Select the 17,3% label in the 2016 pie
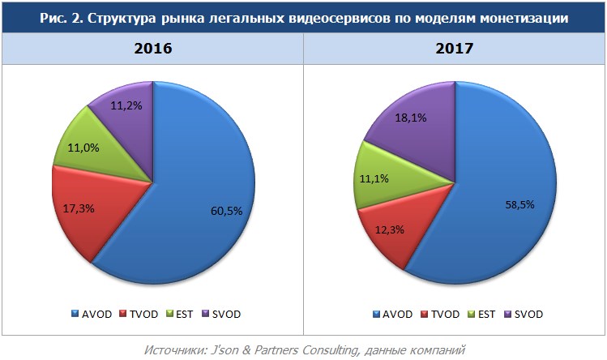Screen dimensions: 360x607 79,208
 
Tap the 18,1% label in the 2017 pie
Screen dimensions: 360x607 411,118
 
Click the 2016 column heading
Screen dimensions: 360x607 152,48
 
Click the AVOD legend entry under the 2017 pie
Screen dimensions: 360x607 396,314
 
